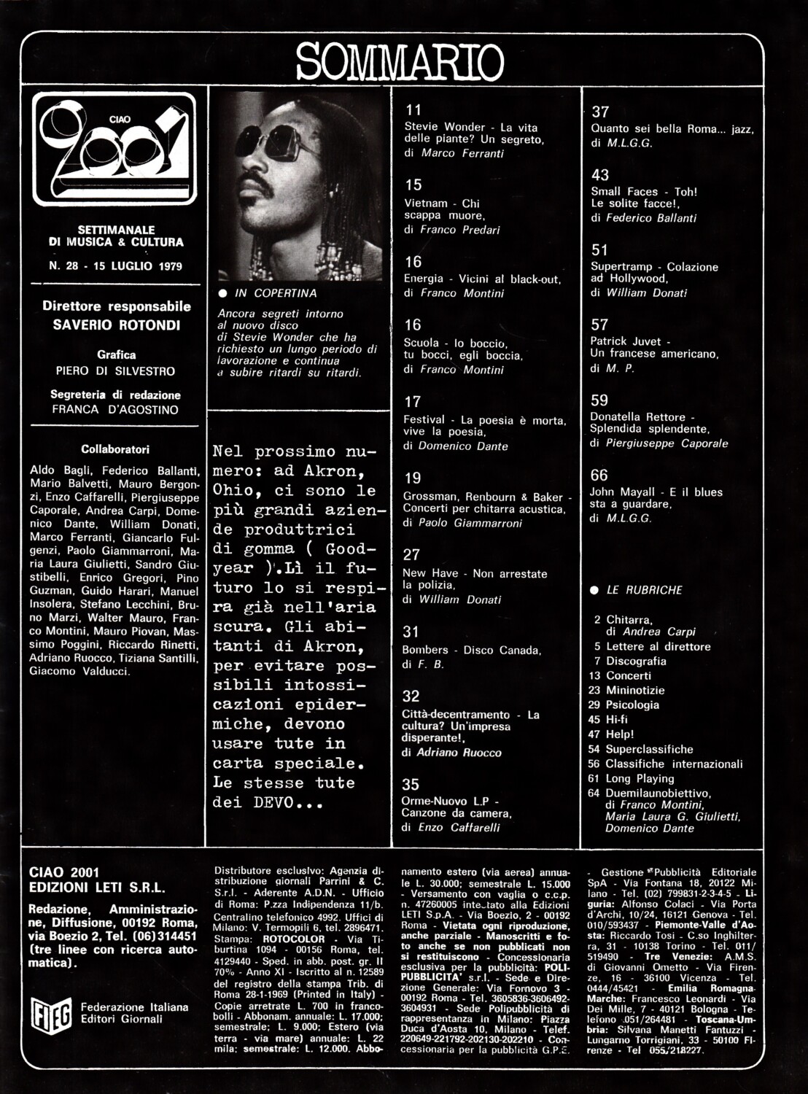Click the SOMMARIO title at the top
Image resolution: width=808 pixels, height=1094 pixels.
point(400,61)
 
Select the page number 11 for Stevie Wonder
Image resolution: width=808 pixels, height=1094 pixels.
point(413,110)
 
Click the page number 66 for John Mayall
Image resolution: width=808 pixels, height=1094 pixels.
point(599,475)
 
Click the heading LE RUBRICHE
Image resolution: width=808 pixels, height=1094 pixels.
point(634,590)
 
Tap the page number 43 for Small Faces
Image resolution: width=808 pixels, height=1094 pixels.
point(599,175)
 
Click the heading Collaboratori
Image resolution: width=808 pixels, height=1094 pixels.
point(115,449)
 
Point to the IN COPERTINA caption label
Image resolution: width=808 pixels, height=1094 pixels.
point(275,293)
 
